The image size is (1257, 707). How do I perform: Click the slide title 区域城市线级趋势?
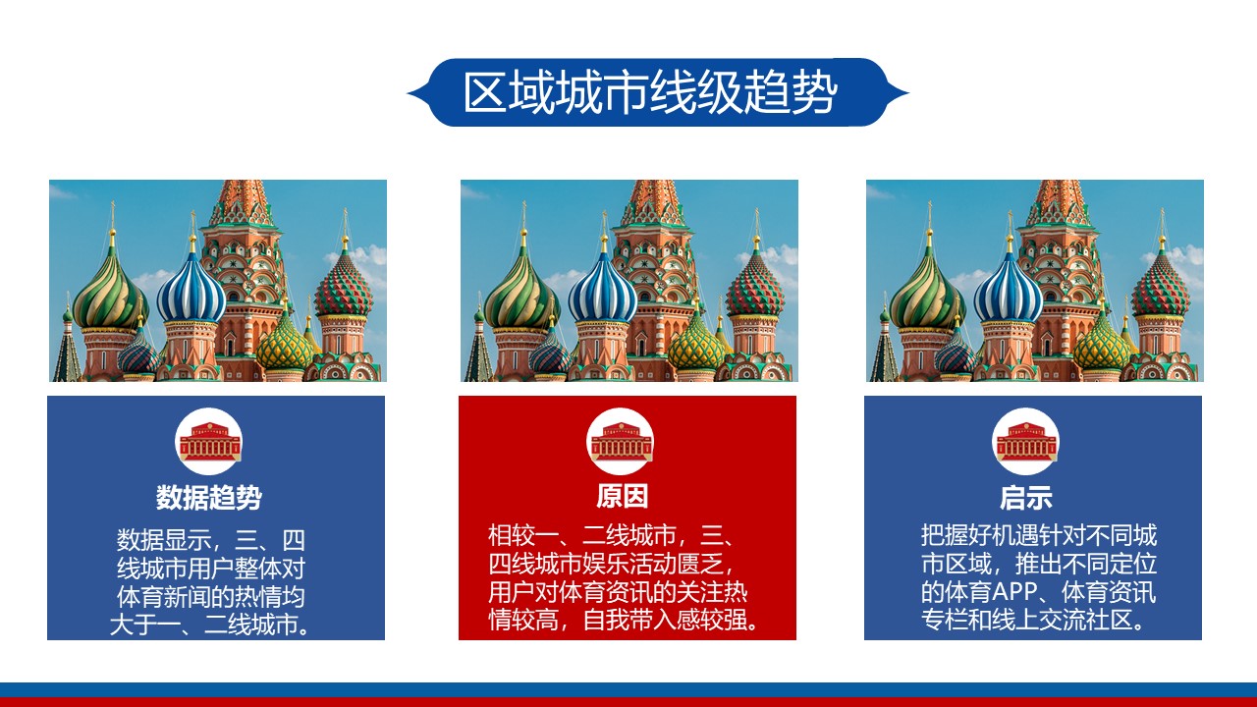pos(650,92)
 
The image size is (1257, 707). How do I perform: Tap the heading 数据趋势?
pos(209,497)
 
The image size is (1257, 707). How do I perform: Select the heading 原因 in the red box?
pos(623,496)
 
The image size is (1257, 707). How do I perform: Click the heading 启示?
pos(1026,497)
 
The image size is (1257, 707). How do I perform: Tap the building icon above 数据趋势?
pos(209,442)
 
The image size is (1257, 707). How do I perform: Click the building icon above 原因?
pos(621,442)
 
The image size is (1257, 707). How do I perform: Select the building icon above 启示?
pos(1026,442)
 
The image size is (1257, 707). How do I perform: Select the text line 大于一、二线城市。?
pos(210,625)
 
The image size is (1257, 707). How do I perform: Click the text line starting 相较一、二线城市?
pos(612,535)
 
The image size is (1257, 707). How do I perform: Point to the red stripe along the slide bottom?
pos(628,702)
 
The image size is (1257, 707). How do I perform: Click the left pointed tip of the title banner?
pos(408,92)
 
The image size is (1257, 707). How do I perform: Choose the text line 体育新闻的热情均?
pos(210,596)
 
